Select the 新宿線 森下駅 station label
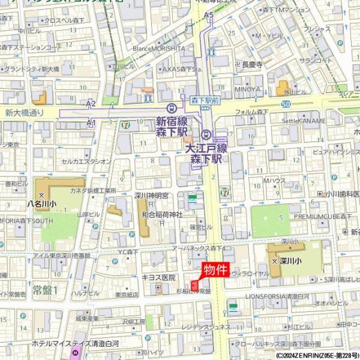click(x=172, y=125)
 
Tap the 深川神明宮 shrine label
click(x=151, y=196)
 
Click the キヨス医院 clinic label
click(x=158, y=278)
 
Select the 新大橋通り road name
click(x=25, y=112)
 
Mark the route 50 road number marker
click(x=286, y=104)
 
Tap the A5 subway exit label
click(x=209, y=14)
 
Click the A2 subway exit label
click(x=91, y=104)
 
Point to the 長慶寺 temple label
click(x=252, y=64)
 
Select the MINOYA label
click(x=247, y=89)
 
